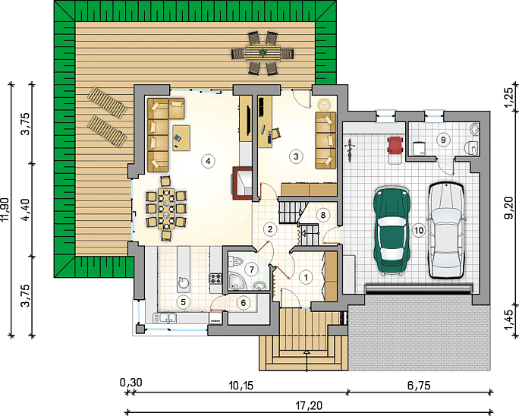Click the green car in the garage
click(x=392, y=231)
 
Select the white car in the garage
click(x=446, y=230)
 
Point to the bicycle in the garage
click(x=350, y=150)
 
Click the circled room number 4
click(x=208, y=161)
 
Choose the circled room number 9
click(x=444, y=140)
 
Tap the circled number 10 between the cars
click(x=419, y=230)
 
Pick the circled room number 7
click(x=252, y=269)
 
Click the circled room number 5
click(x=184, y=301)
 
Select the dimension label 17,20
click(x=310, y=405)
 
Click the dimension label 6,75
click(x=419, y=386)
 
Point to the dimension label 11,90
click(x=7, y=210)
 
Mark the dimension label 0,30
click(x=131, y=383)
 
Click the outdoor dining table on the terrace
click(x=263, y=53)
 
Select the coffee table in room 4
click(x=181, y=138)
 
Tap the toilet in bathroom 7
click(x=236, y=262)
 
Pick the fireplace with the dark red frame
click(x=242, y=182)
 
